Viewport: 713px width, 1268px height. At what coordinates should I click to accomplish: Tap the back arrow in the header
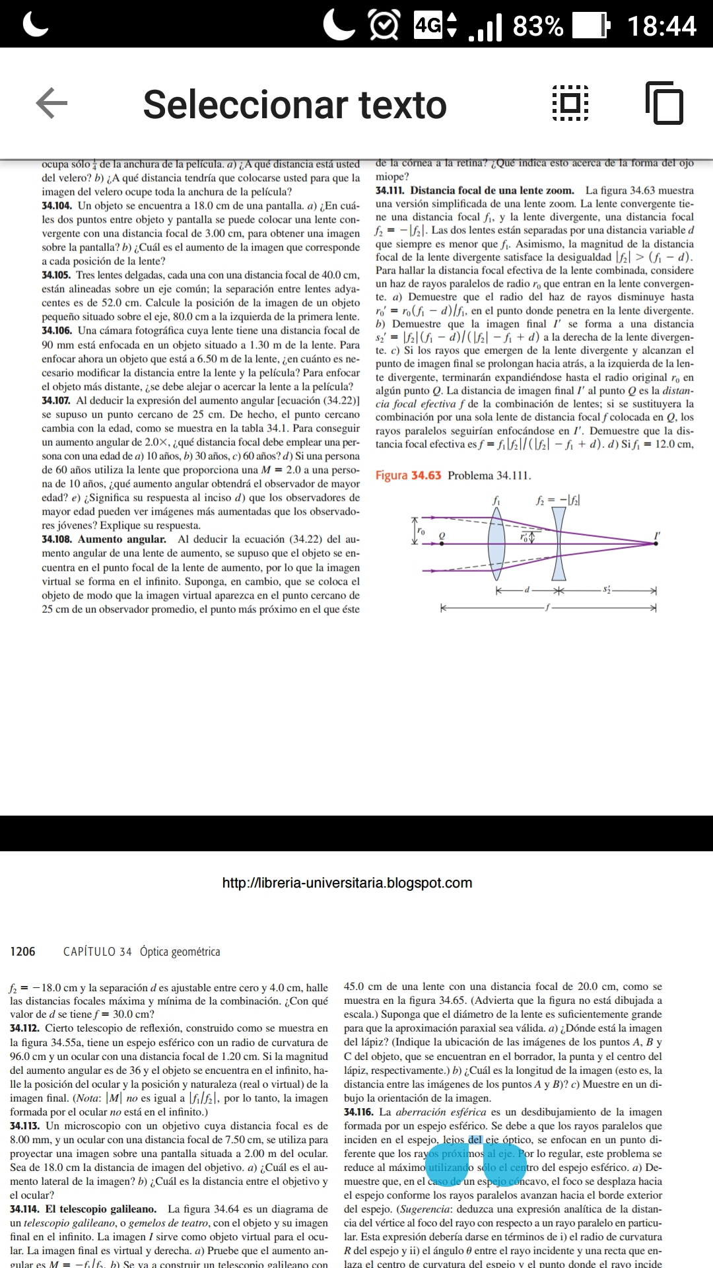[51, 104]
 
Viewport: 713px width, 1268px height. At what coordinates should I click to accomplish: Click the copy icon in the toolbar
[663, 103]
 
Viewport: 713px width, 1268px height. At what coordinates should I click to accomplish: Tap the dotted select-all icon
[570, 103]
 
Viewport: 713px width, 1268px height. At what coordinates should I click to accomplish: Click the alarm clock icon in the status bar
[384, 26]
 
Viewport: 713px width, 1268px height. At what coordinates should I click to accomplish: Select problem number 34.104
[57, 205]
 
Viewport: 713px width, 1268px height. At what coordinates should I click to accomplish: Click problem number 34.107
[56, 400]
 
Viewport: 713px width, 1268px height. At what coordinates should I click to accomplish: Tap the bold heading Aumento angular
[122, 539]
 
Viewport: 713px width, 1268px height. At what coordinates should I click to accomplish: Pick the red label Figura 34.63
[408, 475]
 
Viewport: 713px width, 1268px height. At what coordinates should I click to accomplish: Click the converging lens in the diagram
[496, 543]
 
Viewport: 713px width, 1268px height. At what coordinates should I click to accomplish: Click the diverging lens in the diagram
[559, 543]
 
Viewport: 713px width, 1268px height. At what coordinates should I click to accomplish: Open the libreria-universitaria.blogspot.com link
[347, 883]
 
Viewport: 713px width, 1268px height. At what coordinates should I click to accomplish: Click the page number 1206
[22, 952]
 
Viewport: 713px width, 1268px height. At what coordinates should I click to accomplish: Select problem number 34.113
[25, 1126]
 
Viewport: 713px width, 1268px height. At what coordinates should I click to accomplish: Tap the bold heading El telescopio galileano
[100, 1209]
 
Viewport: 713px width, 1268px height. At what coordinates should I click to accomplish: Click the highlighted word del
[475, 1140]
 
